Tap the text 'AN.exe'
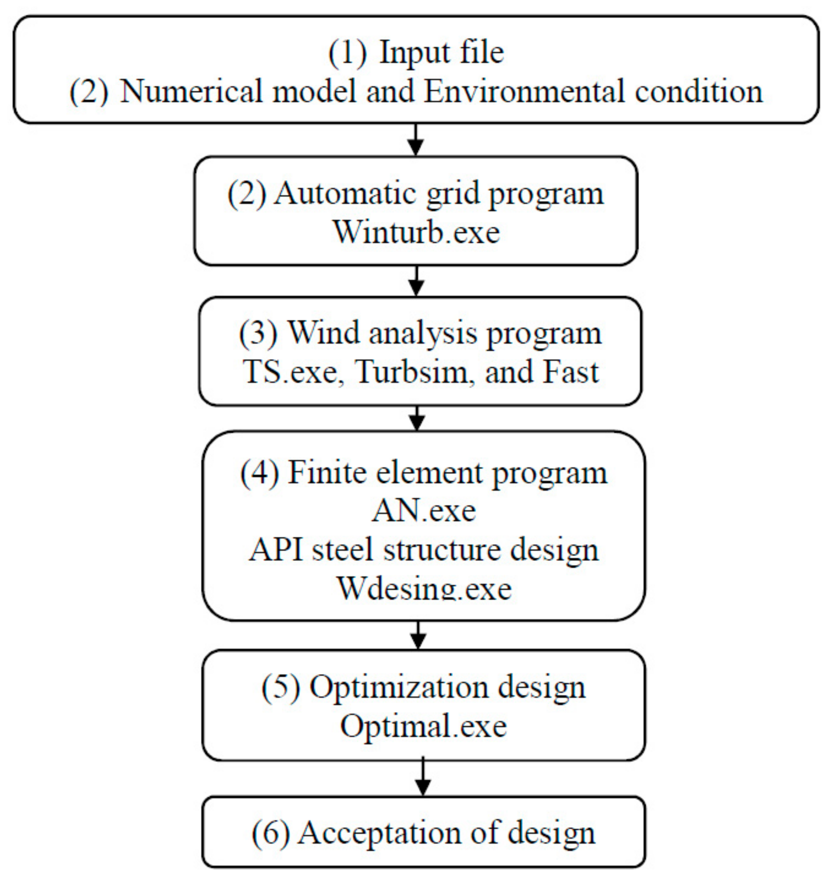tap(424, 511)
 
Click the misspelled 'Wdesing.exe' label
tap(424, 589)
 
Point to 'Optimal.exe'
tap(424, 726)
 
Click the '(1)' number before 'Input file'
tap(348, 53)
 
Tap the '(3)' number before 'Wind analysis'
tap(259, 333)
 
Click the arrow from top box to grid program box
tap(416, 140)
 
